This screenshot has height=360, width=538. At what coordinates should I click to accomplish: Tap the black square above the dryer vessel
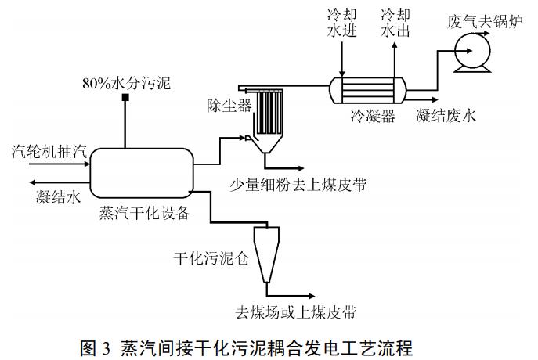pos(124,103)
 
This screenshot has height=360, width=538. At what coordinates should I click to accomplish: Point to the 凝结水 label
pos(58,197)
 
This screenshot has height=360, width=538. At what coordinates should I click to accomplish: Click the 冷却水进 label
pos(341,23)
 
